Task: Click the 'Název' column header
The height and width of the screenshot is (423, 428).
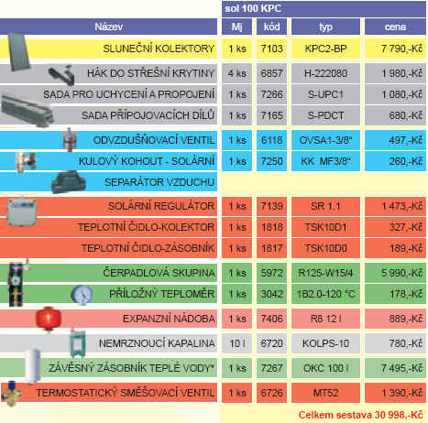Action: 108,27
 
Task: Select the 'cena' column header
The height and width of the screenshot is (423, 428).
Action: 395,27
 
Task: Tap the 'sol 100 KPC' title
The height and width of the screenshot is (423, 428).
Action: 253,8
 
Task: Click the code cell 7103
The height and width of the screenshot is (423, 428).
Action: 271,49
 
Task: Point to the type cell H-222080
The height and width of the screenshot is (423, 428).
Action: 325,73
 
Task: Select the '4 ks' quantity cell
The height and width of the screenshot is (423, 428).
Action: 237,73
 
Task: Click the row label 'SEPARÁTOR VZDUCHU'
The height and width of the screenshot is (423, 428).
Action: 159,182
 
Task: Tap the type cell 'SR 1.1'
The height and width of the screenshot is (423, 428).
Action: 325,206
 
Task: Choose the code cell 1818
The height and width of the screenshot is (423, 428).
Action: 271,227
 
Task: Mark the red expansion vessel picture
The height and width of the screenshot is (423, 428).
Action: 49,319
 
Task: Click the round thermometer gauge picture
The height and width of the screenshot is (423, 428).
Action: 82,295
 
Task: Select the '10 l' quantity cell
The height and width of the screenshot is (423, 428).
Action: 237,343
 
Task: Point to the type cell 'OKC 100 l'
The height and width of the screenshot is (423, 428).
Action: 325,368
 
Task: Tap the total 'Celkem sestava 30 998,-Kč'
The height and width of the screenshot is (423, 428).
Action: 361,415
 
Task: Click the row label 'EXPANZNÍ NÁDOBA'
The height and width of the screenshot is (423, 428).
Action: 169,319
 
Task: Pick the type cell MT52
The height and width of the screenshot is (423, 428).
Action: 325,393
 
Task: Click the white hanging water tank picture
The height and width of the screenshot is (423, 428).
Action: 33,365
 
